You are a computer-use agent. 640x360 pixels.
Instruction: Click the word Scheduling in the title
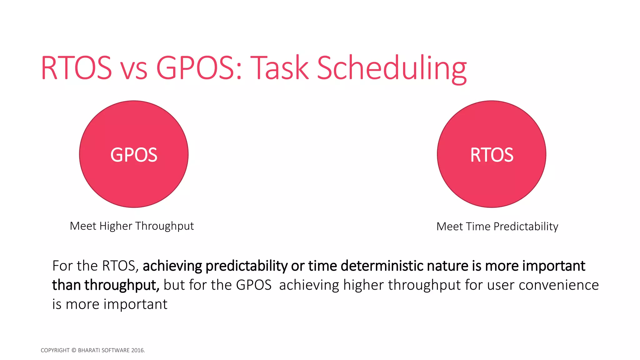click(x=392, y=68)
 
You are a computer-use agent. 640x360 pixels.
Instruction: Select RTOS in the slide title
click(x=76, y=68)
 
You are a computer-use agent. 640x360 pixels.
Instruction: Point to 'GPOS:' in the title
click(x=199, y=68)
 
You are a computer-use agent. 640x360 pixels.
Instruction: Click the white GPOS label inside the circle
click(x=134, y=155)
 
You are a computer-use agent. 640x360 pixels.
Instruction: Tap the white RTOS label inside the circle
click(x=492, y=155)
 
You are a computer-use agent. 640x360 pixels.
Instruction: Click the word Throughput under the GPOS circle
click(x=164, y=226)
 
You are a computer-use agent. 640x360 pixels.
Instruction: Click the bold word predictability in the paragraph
click(x=246, y=266)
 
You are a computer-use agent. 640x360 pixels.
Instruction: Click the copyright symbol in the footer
click(x=74, y=350)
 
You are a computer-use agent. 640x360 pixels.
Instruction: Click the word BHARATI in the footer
click(x=89, y=350)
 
